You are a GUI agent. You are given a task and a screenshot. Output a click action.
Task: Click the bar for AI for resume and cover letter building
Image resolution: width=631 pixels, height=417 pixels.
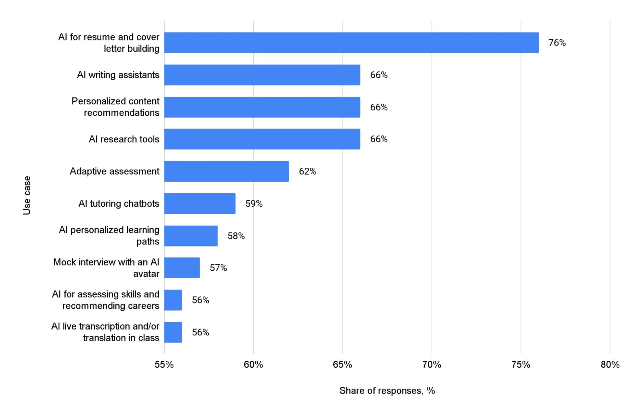(351, 43)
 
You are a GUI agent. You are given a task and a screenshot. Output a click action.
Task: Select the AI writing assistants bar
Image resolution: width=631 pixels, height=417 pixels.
(262, 75)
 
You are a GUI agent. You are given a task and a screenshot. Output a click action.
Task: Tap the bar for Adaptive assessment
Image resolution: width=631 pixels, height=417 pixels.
(226, 171)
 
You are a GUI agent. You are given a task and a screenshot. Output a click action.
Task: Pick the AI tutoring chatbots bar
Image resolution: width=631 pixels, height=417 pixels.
(200, 203)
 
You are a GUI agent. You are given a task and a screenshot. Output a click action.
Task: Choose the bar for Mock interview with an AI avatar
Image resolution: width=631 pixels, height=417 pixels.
(182, 268)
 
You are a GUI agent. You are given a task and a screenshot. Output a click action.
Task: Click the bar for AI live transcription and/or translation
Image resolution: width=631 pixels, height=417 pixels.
(173, 332)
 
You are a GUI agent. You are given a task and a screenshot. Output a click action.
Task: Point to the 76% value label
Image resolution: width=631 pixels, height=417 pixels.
(557, 43)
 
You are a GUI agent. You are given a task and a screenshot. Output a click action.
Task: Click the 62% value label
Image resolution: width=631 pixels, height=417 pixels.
(307, 171)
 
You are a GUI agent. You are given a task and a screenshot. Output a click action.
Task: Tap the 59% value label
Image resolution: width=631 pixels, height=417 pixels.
(254, 203)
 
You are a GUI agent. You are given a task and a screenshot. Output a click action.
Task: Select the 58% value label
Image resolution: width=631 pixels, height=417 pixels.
(236, 236)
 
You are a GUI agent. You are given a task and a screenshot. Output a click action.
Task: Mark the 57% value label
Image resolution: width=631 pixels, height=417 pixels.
(218, 268)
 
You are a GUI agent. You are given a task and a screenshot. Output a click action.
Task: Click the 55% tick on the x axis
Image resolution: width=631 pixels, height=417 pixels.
(164, 365)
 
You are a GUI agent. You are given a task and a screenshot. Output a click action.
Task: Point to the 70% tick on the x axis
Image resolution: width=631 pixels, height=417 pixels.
(432, 365)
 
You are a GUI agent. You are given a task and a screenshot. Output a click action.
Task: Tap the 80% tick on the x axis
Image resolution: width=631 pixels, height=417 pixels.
(610, 365)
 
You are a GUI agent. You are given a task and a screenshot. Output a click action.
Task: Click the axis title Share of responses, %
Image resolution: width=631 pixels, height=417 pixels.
(387, 391)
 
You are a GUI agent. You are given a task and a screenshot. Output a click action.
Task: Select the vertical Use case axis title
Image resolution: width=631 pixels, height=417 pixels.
(27, 195)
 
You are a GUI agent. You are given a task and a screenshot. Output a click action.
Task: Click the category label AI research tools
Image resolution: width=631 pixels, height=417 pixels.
(124, 139)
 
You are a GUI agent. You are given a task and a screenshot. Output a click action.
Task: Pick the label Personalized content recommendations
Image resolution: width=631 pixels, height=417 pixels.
(116, 107)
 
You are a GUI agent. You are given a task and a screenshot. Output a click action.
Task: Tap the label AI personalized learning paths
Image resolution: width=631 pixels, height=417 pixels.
(109, 235)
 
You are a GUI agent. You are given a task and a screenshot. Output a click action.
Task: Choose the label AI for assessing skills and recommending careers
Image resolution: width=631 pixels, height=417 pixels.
(106, 300)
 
